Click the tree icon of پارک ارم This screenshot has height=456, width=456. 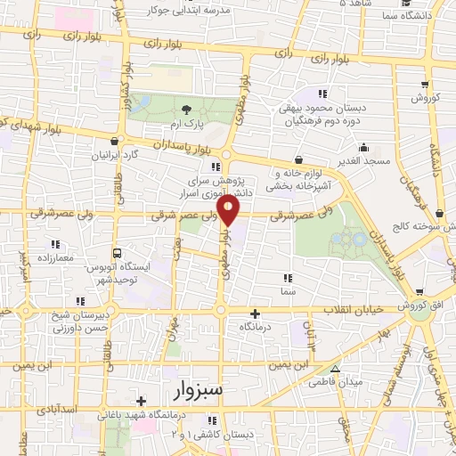186,109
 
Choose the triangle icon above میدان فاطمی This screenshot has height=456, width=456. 335,369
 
